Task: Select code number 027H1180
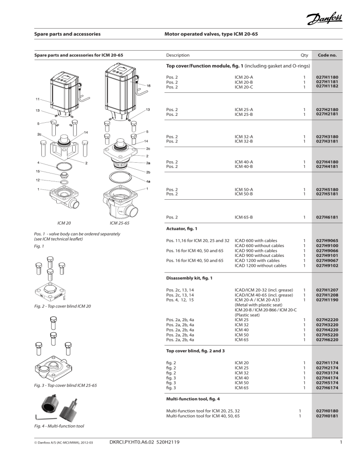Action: point(327,77)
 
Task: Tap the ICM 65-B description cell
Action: point(244,218)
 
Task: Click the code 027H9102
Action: point(327,265)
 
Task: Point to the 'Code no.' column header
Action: point(327,55)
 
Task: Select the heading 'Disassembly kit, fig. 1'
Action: point(190,278)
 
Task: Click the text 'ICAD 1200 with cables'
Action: point(260,260)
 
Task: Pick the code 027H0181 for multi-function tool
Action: point(327,415)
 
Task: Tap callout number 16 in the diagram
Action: point(148,86)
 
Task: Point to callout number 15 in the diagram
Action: point(37,172)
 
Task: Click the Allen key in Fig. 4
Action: point(42,416)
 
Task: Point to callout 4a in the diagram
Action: point(148,181)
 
